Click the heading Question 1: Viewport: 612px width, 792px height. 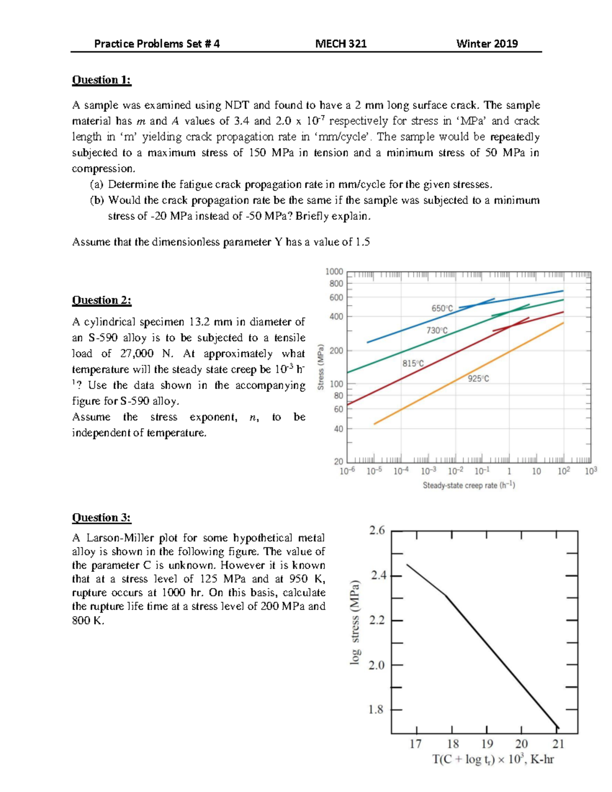coord(101,80)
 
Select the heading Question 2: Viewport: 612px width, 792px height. coord(101,300)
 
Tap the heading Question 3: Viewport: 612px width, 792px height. coord(101,518)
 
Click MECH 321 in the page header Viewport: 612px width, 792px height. coord(341,44)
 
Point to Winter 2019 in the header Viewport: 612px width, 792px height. coord(487,44)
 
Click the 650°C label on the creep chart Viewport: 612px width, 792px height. coord(442,309)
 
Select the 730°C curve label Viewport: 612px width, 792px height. coord(437,330)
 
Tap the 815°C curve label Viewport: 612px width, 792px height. coord(413,364)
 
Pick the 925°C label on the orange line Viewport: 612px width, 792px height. coord(478,378)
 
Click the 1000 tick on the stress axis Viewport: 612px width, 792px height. coord(335,272)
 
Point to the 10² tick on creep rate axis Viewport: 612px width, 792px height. coord(564,471)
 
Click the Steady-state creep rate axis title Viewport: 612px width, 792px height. coord(469,486)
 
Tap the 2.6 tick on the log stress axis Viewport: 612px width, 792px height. coord(377,530)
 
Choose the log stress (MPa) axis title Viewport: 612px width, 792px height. coord(355,622)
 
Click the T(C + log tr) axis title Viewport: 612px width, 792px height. coord(493,759)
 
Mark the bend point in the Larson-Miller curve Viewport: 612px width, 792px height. coord(446,595)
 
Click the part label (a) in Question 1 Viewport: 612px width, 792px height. coord(97,184)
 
